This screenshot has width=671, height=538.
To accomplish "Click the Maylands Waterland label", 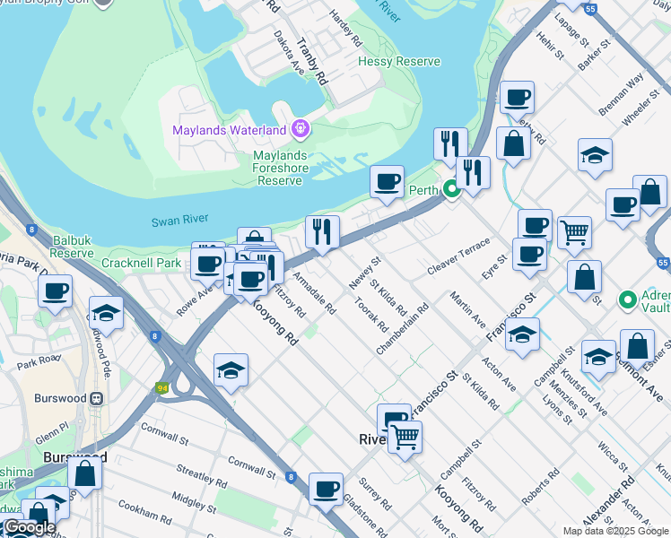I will click(229, 130).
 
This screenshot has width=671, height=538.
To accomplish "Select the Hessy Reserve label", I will click(399, 62).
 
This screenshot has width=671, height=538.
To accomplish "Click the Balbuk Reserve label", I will click(73, 247).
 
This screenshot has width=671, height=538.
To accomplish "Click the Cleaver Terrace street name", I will click(458, 256).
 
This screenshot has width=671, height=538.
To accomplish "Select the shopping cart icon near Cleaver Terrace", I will click(574, 232).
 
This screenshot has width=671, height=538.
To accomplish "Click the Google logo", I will click(29, 527).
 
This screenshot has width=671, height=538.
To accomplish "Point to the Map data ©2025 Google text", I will click(615, 531).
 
